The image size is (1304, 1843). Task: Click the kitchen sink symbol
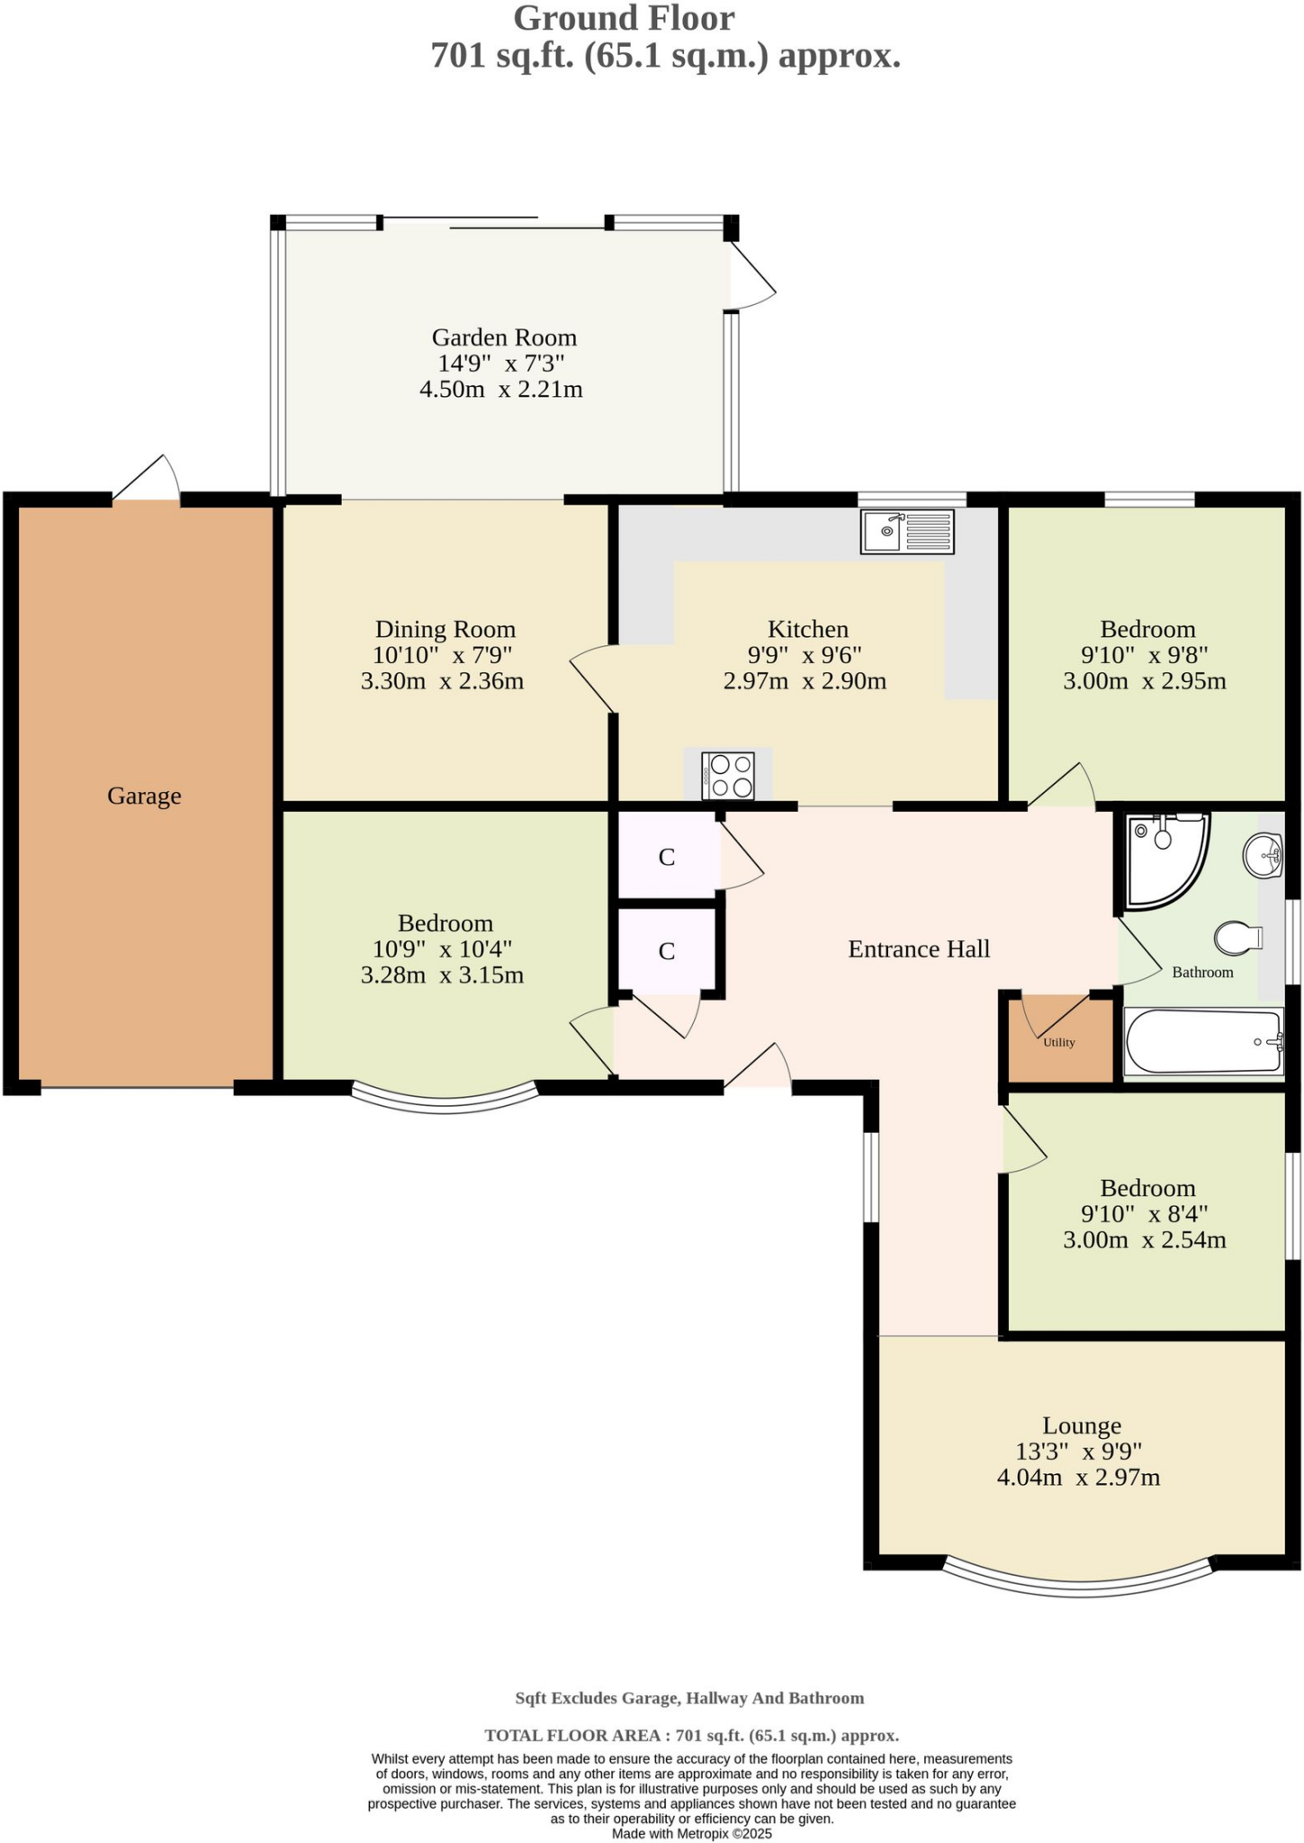tap(907, 531)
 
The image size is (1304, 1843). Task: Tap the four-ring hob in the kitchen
tap(727, 776)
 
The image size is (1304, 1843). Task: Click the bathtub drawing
tap(1202, 1042)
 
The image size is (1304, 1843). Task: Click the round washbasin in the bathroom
tap(1263, 854)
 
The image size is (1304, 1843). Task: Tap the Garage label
tap(144, 796)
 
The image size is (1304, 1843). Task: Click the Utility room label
tap(1059, 1042)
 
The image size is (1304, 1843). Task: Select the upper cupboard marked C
tap(667, 857)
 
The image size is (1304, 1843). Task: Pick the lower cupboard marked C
tap(667, 951)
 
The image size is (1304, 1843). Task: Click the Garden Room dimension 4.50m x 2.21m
tap(501, 390)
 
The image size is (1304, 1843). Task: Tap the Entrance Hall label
tap(919, 948)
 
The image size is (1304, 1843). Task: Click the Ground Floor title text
tap(624, 18)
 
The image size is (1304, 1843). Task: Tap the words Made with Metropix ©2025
tap(691, 1833)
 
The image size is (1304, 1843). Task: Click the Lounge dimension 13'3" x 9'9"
tap(1078, 1452)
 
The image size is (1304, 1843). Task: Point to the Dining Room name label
tap(445, 629)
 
